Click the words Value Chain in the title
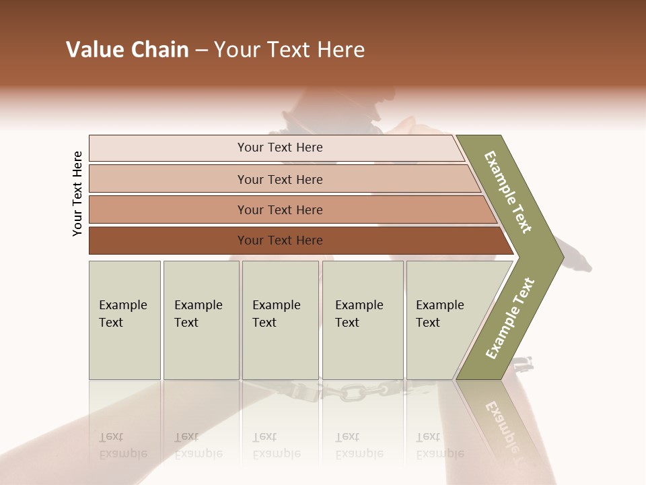coord(127,50)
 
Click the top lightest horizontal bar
coord(276,148)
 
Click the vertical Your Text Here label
coord(78,194)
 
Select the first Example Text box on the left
coord(124,320)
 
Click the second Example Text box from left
coord(201,320)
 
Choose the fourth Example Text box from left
coord(362,320)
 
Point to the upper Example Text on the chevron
coord(508,192)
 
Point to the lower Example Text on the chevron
coord(510,318)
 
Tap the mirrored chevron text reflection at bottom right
coord(503,424)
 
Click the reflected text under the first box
coord(122,445)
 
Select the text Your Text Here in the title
coord(289,50)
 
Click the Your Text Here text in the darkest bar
coord(280,240)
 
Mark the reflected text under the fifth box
coord(439,445)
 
